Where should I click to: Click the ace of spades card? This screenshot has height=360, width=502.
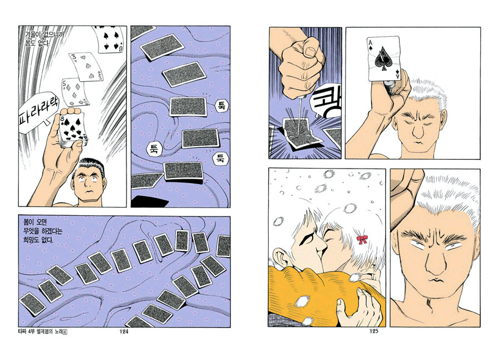click(384, 58)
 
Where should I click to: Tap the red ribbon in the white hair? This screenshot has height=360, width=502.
click(362, 239)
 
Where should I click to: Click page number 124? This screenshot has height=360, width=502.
click(124, 332)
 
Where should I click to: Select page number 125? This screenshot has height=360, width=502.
click(373, 331)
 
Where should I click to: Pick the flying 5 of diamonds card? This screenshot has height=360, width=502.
click(75, 92)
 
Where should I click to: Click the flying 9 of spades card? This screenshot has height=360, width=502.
click(108, 38)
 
